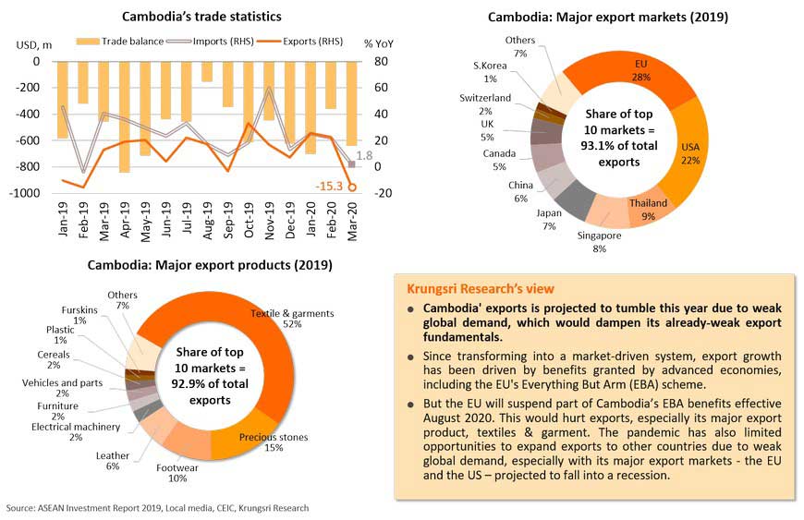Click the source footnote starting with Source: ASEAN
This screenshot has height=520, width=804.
(157, 508)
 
